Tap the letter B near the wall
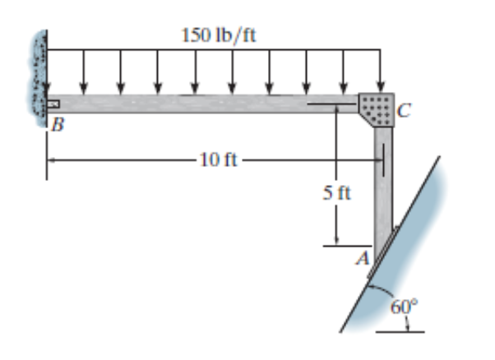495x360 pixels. click(57, 125)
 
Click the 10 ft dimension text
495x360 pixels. click(217, 159)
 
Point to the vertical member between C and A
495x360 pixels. click(383, 189)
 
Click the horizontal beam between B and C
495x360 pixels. click(206, 104)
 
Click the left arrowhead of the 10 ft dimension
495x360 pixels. click(50, 159)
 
